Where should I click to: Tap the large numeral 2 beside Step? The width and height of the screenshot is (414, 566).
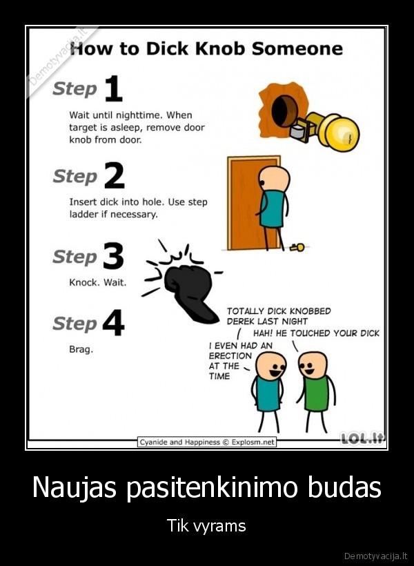point(115,177)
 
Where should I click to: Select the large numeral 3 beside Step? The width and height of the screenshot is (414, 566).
point(113,257)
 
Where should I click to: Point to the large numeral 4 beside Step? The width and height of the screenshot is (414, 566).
point(113,323)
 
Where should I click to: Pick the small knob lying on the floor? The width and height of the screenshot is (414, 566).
point(297,246)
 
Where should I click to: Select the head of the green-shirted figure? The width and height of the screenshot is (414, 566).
point(315,363)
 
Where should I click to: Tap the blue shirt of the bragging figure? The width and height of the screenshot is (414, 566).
point(268,394)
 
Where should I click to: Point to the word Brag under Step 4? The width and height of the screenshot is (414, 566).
point(81,349)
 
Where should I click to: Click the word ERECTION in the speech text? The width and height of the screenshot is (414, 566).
point(230,355)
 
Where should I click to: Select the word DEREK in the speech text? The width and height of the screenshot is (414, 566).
point(242,321)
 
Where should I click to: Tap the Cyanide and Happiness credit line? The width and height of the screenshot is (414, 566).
point(207,442)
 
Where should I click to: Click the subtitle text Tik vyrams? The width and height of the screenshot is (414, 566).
point(206,526)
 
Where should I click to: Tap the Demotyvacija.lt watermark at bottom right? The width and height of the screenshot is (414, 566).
point(377,555)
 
